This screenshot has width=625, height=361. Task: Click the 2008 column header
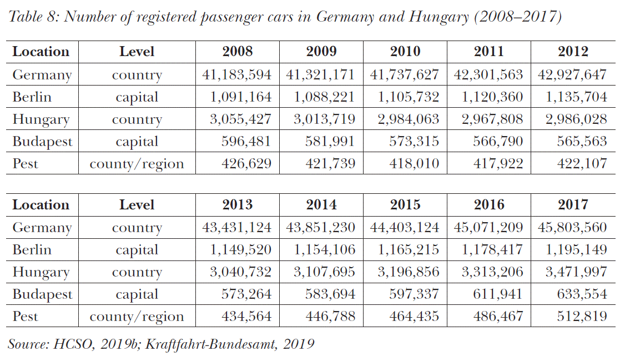[x=237, y=52]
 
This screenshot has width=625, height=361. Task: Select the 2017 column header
[x=573, y=204]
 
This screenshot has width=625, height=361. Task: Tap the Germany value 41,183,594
[x=237, y=74]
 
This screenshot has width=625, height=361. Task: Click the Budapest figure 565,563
[x=582, y=142]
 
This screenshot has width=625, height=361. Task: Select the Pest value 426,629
[x=246, y=164]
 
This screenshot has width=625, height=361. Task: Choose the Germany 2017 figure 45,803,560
[x=573, y=228]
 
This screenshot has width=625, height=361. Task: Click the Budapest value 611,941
[x=498, y=294]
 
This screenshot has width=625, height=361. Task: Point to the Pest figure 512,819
[x=582, y=317]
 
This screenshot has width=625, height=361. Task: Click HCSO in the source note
[x=70, y=344]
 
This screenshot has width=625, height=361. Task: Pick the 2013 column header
[x=237, y=204]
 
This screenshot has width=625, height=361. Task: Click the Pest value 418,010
[x=414, y=164]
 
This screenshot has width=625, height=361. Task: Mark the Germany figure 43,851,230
[x=321, y=228]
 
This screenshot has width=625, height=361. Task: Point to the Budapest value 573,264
[x=246, y=294]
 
